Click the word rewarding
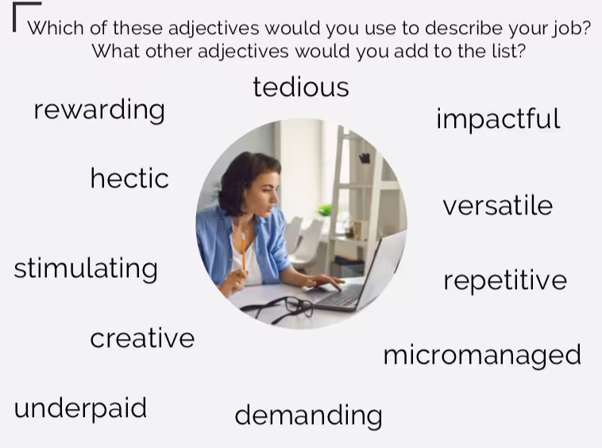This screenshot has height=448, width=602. click(x=99, y=110)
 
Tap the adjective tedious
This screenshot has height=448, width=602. click(x=301, y=87)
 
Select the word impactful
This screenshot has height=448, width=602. click(x=498, y=118)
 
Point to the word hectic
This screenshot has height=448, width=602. click(x=129, y=178)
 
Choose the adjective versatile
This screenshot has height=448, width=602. click(x=498, y=206)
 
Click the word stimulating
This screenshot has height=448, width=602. click(x=86, y=268)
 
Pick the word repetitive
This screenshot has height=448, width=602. click(x=505, y=280)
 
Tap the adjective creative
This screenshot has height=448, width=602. click(x=142, y=338)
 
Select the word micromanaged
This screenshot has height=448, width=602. click(x=482, y=356)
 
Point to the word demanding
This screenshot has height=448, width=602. click(x=309, y=415)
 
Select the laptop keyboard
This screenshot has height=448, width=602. click(x=341, y=295)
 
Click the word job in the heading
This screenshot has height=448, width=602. click(x=565, y=29)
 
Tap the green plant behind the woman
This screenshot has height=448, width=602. click(x=325, y=210)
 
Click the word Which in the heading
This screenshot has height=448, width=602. click(x=56, y=28)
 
